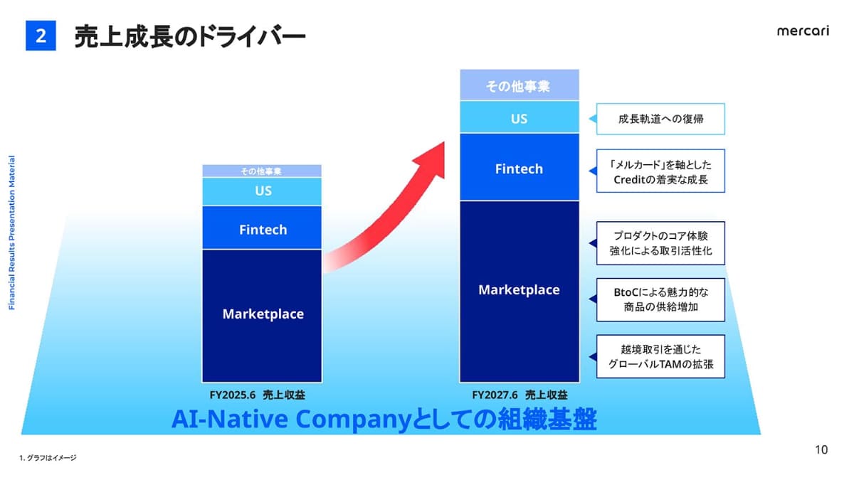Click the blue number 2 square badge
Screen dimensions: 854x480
point(41,36)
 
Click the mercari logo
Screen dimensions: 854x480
point(803,31)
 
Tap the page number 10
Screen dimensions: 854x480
point(821,450)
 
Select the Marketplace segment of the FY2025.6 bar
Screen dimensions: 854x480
point(262,316)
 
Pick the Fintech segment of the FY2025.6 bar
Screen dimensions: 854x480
point(262,228)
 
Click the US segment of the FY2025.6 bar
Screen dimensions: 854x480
point(262,191)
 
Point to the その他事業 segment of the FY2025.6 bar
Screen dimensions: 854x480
point(262,171)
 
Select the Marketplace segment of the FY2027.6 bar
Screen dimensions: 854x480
point(520,292)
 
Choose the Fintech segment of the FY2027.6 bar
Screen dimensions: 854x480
point(520,167)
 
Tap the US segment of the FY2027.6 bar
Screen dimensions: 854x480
point(520,117)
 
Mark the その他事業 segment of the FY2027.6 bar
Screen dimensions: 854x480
point(520,85)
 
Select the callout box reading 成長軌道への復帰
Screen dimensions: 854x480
point(660,119)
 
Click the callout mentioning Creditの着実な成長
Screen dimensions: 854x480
point(660,171)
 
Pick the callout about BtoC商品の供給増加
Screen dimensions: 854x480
point(660,300)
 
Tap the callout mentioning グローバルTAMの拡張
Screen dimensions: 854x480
point(660,356)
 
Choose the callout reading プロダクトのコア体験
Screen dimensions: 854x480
point(660,243)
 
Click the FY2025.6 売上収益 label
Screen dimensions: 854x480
point(258,395)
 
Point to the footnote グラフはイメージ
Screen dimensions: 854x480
point(48,457)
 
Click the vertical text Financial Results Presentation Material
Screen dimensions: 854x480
point(12,233)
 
